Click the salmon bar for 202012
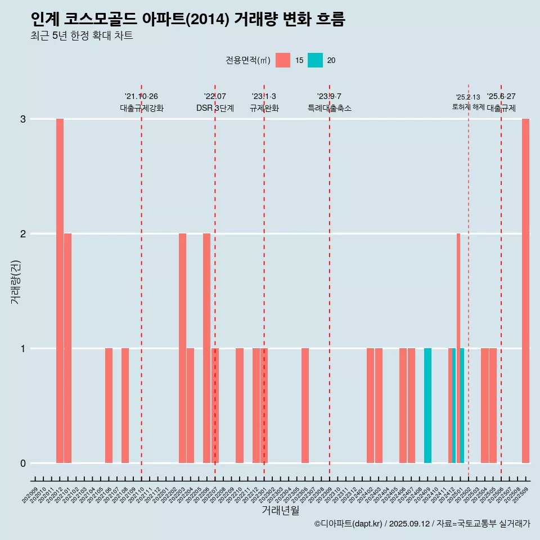click(60, 291)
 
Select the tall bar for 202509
click(525, 291)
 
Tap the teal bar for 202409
click(427, 406)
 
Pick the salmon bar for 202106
click(109, 406)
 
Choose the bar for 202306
click(305, 406)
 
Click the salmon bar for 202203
click(182, 348)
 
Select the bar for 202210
click(240, 406)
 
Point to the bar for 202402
click(370, 406)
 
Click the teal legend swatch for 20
click(315, 60)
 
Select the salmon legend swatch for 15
click(283, 60)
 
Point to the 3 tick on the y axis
click(23, 119)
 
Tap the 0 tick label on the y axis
click(23, 463)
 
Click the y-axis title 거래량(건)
click(15, 281)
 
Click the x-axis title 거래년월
click(280, 510)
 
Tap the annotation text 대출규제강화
click(142, 108)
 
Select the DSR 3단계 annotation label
click(215, 108)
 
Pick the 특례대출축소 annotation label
click(330, 108)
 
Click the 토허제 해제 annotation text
click(468, 107)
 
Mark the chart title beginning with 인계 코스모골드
click(188, 20)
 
